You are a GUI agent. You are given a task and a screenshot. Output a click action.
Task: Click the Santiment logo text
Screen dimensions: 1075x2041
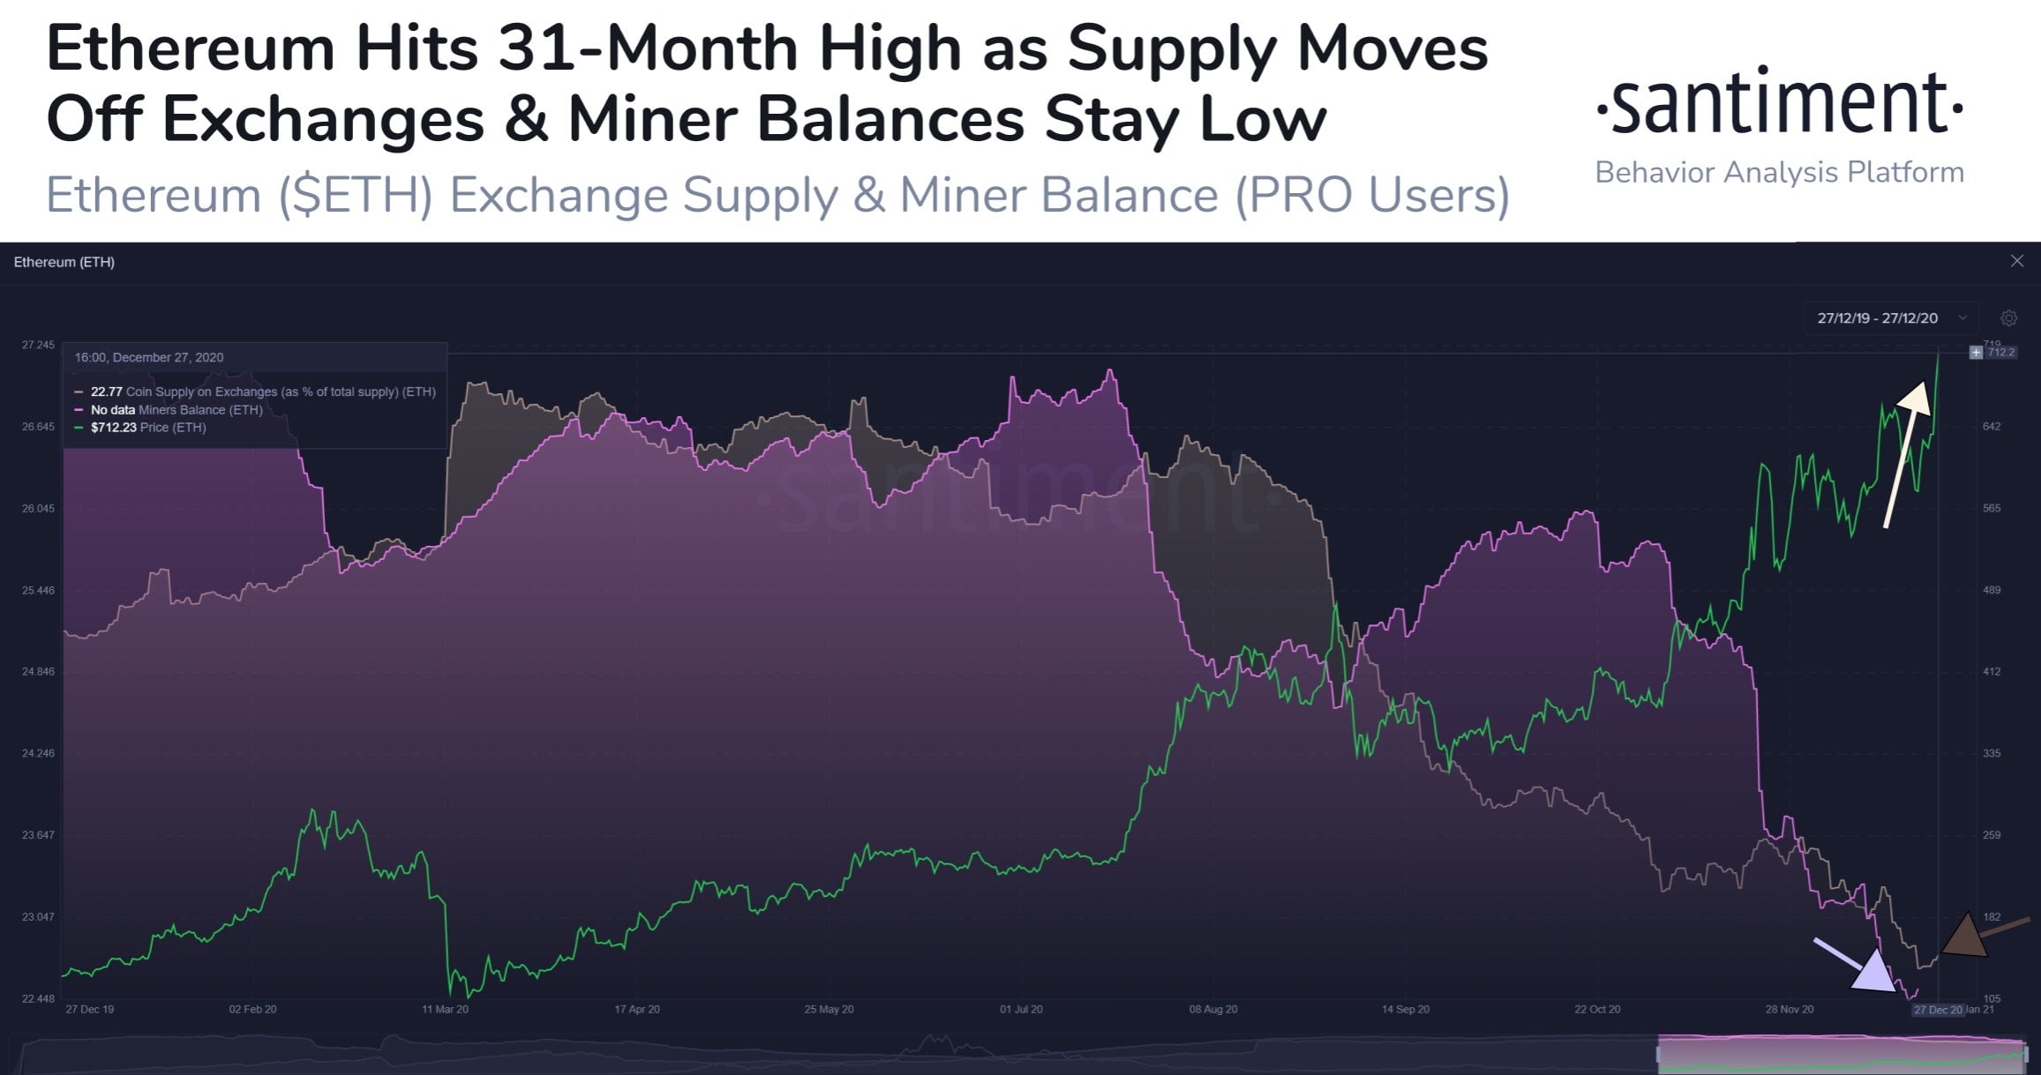point(1779,104)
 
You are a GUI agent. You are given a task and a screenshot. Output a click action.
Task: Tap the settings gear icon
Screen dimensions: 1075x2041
point(2009,318)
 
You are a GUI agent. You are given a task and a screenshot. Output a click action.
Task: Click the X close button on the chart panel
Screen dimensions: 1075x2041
point(2017,261)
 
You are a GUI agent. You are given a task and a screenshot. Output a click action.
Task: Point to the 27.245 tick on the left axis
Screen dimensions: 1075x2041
point(38,345)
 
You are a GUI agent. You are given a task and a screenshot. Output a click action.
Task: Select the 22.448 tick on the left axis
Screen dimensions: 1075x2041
point(38,998)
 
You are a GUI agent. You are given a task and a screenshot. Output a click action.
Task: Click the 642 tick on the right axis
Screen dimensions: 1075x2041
point(1992,427)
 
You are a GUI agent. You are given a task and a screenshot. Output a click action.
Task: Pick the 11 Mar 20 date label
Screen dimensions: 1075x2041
point(445,1010)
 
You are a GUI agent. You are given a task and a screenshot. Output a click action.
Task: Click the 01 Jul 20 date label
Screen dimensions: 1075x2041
point(1021,1010)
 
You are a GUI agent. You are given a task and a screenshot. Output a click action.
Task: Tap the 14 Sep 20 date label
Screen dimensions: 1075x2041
point(1405,1010)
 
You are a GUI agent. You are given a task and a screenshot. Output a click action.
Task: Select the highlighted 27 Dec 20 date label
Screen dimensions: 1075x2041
point(1938,1010)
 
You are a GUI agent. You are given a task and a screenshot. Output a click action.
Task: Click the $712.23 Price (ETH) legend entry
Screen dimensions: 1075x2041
point(148,428)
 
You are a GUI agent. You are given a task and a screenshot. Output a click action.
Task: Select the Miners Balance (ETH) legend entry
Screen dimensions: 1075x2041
point(176,410)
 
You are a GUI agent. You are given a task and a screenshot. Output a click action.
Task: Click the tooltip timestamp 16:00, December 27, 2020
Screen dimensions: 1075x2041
point(149,357)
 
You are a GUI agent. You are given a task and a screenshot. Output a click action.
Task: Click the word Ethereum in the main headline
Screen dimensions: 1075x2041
point(191,49)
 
